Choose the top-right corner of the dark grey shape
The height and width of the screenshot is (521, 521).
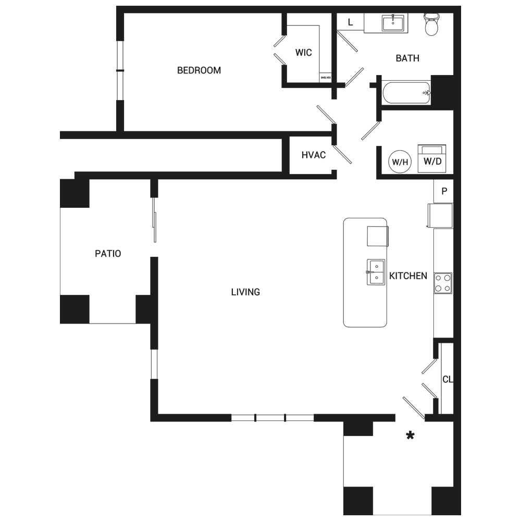(461, 6)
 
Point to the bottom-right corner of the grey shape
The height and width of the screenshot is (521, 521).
(461, 515)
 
